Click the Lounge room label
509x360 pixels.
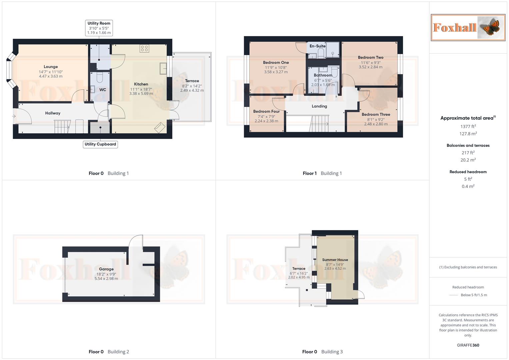[x=51, y=67]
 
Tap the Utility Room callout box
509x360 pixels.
[x=99, y=28]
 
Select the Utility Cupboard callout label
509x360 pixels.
[x=100, y=144]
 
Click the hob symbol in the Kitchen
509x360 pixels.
[x=144, y=48]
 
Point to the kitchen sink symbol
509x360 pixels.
[x=163, y=68]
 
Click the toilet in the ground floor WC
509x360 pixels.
[x=99, y=78]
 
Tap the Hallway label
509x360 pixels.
[x=53, y=113]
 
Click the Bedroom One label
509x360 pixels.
[x=276, y=63]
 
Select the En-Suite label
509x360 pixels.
[x=317, y=46]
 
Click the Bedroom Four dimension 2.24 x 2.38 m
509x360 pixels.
[x=266, y=121]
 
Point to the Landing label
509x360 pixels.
[x=319, y=106]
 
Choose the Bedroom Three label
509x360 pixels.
[x=376, y=114]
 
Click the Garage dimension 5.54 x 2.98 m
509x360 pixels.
[x=106, y=279]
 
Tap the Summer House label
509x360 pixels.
[x=335, y=260]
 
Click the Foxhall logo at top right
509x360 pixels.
[x=468, y=28]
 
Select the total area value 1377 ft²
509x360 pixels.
[x=468, y=126]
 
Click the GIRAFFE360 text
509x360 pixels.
[x=468, y=345]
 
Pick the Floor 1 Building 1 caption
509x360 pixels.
[x=322, y=173]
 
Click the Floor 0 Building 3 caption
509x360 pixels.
[x=322, y=352]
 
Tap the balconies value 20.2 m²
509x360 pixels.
[x=468, y=160]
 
